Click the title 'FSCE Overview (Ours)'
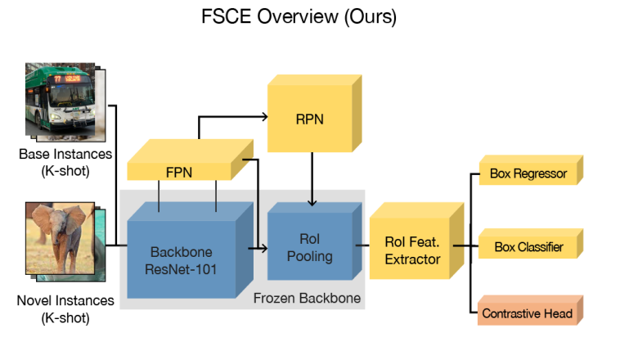(299, 18)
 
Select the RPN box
(308, 119)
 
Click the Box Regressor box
(528, 173)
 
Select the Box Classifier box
(528, 246)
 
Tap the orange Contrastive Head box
(528, 313)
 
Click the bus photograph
(58, 100)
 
